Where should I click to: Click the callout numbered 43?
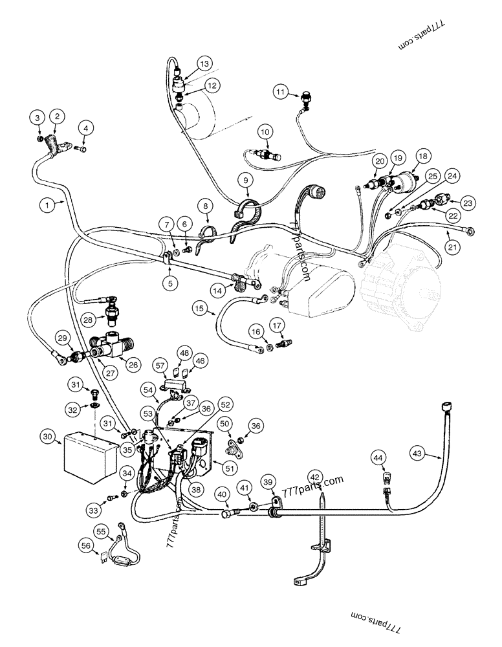[417, 455]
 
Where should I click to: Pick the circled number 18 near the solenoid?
[441, 156]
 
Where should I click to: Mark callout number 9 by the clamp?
[245, 179]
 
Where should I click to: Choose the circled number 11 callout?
[279, 93]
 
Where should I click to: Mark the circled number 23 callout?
[468, 203]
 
